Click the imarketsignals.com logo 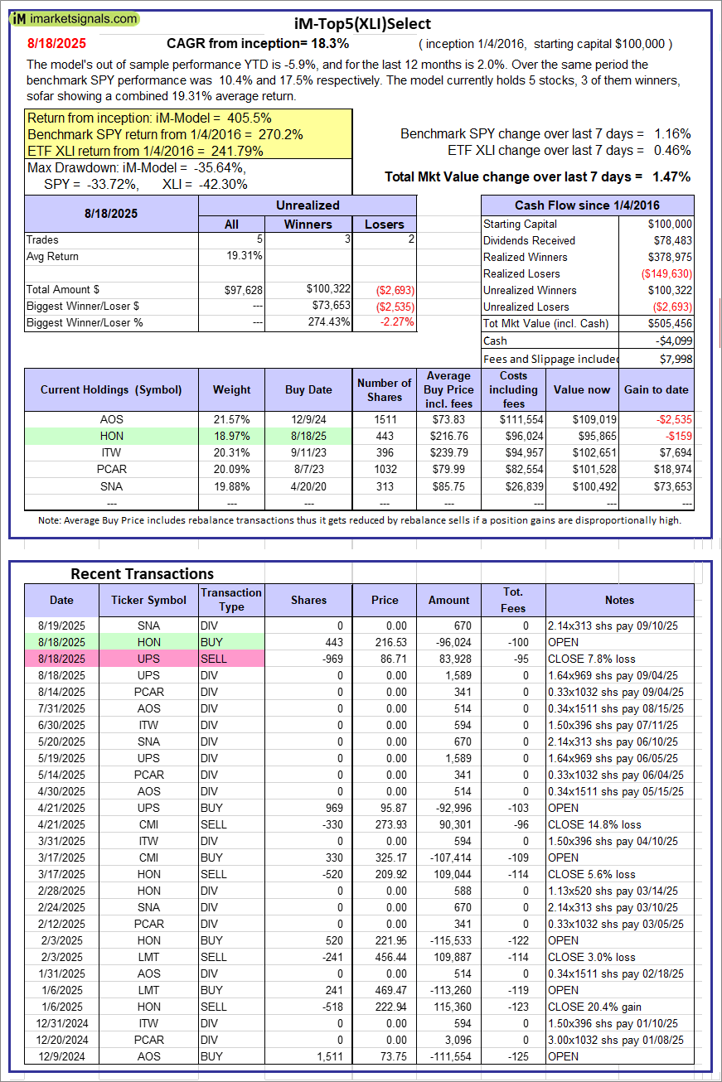click(75, 18)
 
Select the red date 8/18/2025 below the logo click(56, 43)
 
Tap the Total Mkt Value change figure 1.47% click(671, 176)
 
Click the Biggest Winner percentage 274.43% click(327, 322)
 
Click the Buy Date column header click(308, 389)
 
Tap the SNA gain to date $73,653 click(673, 485)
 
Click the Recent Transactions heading click(142, 573)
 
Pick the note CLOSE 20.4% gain click(587, 1007)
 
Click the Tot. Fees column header click(512, 600)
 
